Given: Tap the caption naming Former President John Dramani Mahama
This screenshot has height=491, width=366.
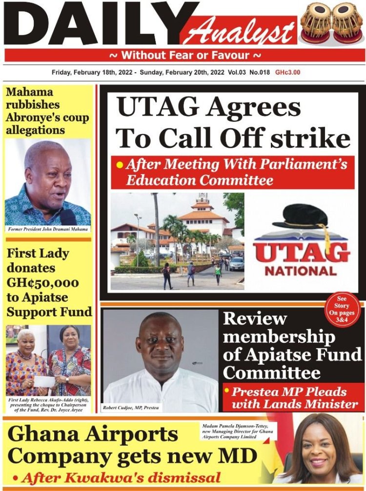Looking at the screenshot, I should click(48, 229).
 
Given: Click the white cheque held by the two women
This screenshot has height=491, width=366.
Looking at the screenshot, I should click(45, 381).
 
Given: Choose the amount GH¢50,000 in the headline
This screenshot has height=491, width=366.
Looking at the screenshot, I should click(42, 283).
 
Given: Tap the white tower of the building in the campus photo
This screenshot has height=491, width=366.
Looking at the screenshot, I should click(202, 205).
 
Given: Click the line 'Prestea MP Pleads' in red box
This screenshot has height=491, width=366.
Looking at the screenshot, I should click(289, 392).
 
